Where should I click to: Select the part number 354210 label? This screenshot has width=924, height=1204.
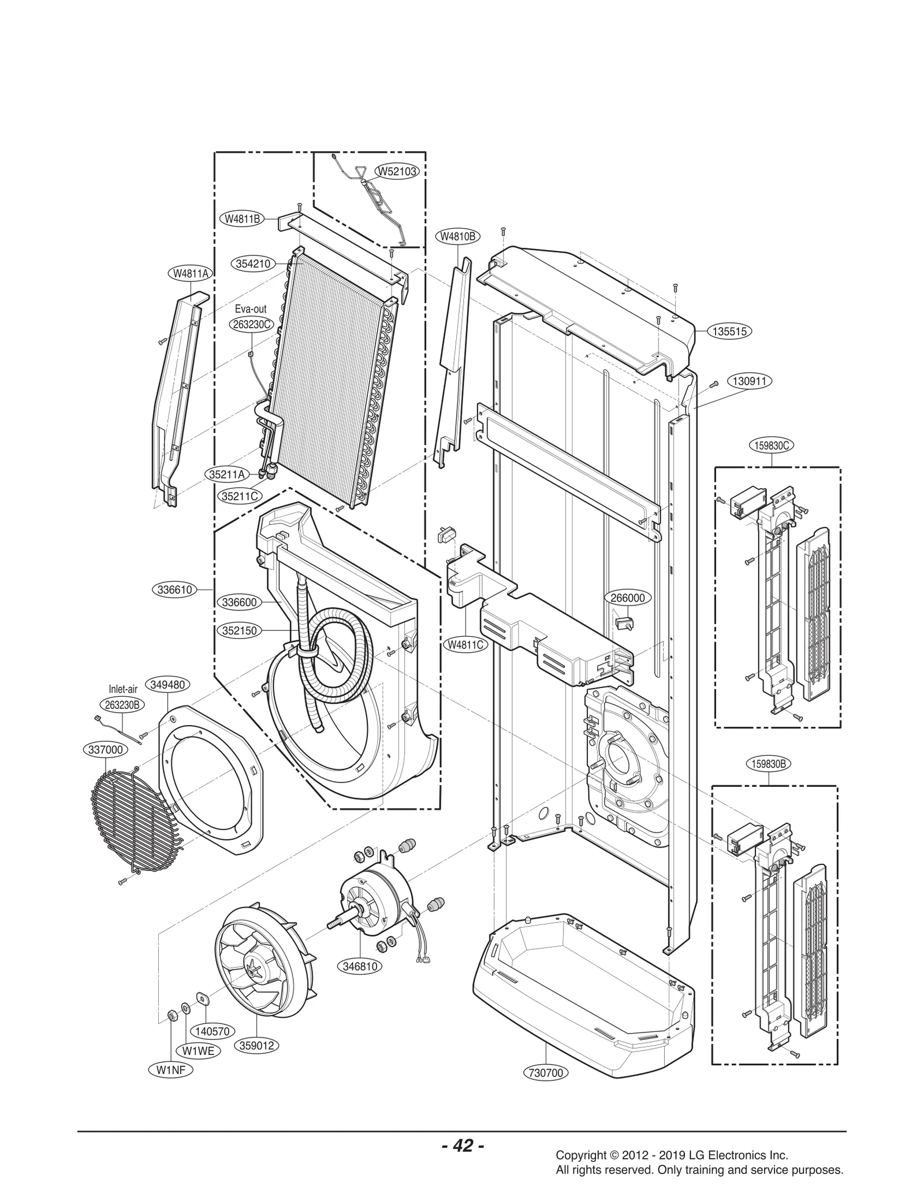pyautogui.click(x=254, y=263)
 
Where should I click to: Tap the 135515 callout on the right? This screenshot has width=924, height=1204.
pyautogui.click(x=730, y=332)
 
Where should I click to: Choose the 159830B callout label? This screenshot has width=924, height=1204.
pyautogui.click(x=769, y=764)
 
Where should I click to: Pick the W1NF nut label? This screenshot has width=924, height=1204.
pyautogui.click(x=172, y=1069)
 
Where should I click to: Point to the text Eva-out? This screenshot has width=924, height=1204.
pyautogui.click(x=251, y=310)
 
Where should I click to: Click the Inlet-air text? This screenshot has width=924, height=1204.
pyautogui.click(x=123, y=689)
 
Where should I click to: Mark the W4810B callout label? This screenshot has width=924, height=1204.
pyautogui.click(x=457, y=236)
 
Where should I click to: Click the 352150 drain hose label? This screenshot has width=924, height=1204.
pyautogui.click(x=240, y=630)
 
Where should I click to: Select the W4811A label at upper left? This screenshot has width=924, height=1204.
pyautogui.click(x=190, y=274)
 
